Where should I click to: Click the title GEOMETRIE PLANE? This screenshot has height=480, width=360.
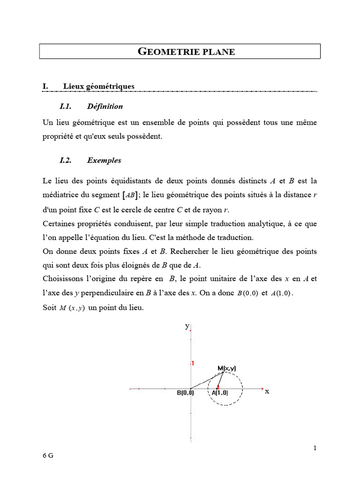tap(187, 52)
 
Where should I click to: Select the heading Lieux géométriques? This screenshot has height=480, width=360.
tap(98, 86)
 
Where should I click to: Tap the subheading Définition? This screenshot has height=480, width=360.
tap(105, 106)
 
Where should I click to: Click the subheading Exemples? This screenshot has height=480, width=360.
tap(104, 160)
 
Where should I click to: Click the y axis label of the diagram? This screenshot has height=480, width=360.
tap(187, 326)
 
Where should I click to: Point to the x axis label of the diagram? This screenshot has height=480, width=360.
tap(267, 391)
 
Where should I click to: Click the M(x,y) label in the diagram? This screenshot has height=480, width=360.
tap(227, 368)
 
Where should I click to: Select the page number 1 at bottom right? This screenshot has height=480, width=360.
tap(315, 448)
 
